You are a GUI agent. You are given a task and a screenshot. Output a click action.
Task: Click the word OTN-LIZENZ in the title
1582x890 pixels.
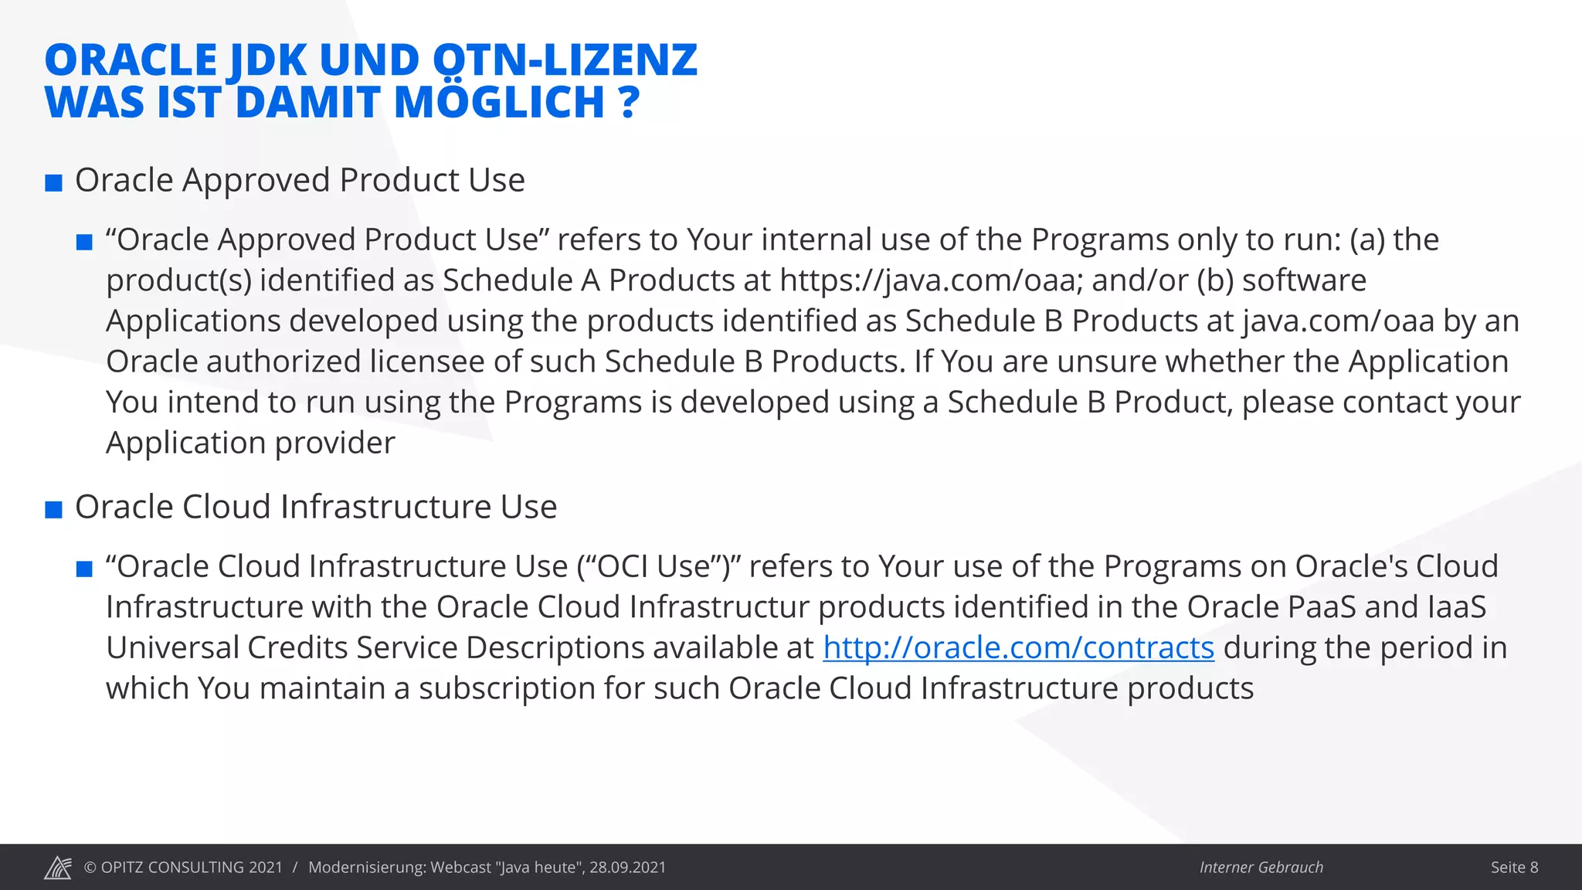pyautogui.click(x=565, y=60)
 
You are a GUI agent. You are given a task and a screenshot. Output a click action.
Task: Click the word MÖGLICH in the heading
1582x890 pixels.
pyautogui.click(x=499, y=103)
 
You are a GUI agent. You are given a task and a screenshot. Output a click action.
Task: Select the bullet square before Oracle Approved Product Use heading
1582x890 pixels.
pyautogui.click(x=53, y=183)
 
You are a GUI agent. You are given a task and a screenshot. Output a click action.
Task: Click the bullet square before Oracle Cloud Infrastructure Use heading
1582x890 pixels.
pyautogui.click(x=53, y=510)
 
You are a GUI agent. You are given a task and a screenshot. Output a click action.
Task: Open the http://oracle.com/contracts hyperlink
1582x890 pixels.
pyautogui.click(x=1018, y=648)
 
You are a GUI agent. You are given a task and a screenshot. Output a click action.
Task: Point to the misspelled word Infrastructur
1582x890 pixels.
pyautogui.click(x=719, y=607)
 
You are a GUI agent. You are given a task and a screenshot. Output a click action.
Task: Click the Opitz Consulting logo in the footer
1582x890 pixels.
pyautogui.click(x=58, y=868)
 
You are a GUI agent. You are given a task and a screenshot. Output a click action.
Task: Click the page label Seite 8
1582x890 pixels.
pyautogui.click(x=1514, y=868)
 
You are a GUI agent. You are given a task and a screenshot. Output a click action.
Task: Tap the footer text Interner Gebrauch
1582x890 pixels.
pyautogui.click(x=1261, y=868)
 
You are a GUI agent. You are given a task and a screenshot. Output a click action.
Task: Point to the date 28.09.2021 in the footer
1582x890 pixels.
pyautogui.click(x=627, y=868)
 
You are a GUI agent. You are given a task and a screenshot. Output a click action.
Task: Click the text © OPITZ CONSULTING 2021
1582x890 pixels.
pyautogui.click(x=183, y=868)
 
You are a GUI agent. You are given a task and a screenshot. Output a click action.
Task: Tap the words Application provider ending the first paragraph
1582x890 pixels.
pyautogui.click(x=250, y=443)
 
